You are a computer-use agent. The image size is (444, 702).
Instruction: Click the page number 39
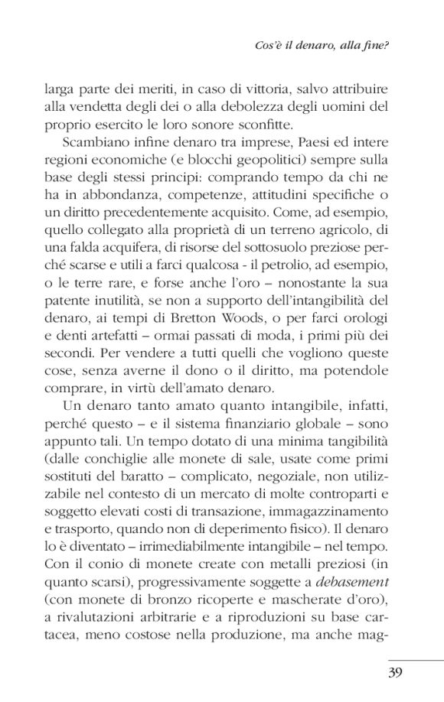click(x=400, y=674)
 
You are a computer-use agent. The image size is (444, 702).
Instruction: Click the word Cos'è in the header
click(x=268, y=45)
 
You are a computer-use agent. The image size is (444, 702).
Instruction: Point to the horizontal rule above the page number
click(x=414, y=660)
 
